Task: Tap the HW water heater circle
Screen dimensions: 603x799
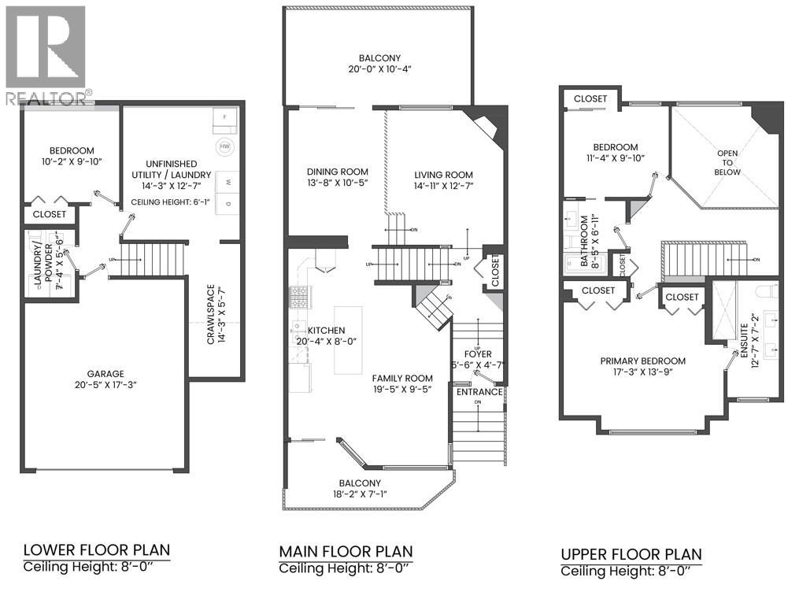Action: click(x=225, y=147)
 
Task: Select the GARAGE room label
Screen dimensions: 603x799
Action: click(x=105, y=375)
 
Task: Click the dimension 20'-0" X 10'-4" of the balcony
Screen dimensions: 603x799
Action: click(x=380, y=70)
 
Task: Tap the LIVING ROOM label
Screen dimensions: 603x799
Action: click(x=444, y=175)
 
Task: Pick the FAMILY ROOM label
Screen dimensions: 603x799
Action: click(x=403, y=378)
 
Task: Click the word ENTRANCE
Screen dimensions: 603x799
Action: click(x=479, y=391)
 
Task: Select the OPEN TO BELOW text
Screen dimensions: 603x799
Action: click(x=728, y=163)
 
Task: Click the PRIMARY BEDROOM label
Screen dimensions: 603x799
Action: click(x=642, y=361)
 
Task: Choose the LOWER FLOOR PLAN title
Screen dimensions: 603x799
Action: click(x=96, y=549)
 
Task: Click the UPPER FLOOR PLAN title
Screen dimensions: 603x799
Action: click(x=631, y=554)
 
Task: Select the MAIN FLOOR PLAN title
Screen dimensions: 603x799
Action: click(x=346, y=551)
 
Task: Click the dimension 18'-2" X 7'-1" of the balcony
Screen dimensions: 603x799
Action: click(x=360, y=494)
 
